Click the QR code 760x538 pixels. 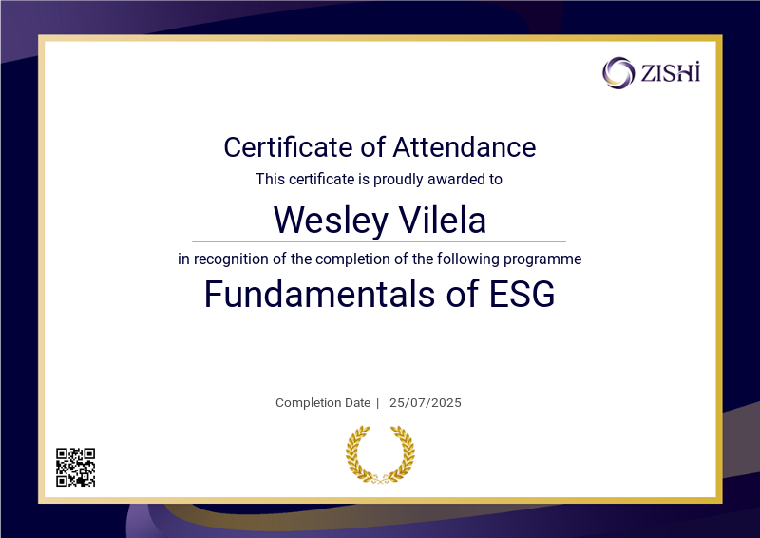(x=76, y=467)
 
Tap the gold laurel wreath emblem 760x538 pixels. (x=380, y=454)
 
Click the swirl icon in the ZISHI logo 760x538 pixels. (x=618, y=73)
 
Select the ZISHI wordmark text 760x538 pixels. (x=671, y=73)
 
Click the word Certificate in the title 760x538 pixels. (x=288, y=147)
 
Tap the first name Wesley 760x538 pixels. (x=331, y=220)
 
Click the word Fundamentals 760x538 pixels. (x=320, y=294)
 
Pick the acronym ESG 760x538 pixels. (x=522, y=294)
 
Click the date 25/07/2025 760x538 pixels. (x=425, y=403)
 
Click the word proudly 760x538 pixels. (x=398, y=180)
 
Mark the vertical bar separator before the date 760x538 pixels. (x=377, y=403)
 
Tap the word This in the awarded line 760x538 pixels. (x=270, y=179)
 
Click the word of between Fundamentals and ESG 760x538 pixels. (x=462, y=294)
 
